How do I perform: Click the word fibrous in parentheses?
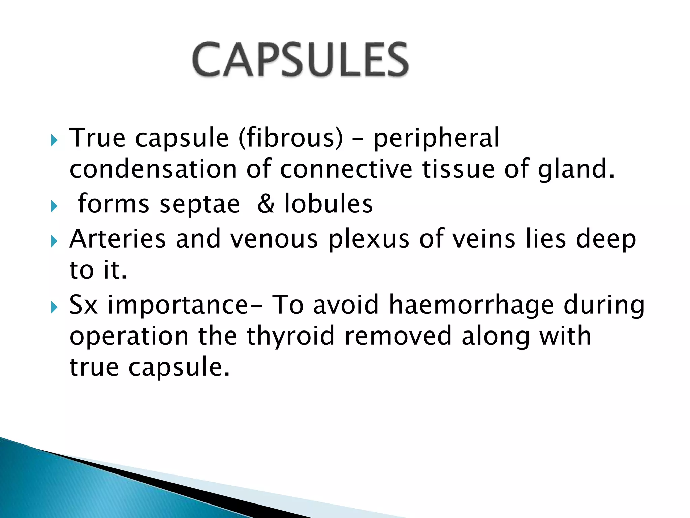coord(290,138)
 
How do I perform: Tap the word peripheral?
coord(436,138)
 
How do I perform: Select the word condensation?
coord(153,169)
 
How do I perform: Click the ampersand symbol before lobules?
coord(266,204)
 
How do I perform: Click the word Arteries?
coord(117,239)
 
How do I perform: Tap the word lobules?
coord(328,204)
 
